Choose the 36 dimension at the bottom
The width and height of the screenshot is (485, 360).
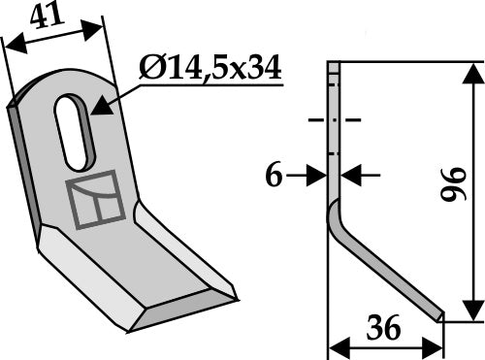(x=386, y=330)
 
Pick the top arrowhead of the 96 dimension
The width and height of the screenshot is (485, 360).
(x=472, y=70)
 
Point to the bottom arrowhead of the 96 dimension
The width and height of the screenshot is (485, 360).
(x=472, y=310)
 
